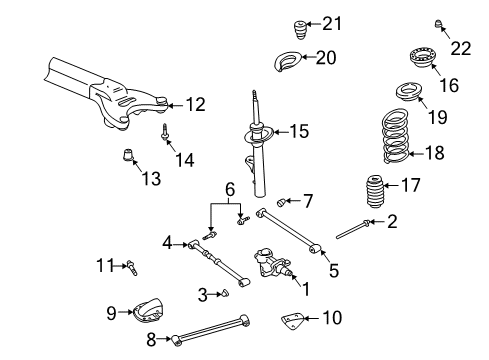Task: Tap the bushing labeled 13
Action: click(128, 156)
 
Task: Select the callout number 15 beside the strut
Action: click(300, 131)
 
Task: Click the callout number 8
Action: click(151, 341)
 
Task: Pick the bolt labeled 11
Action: click(131, 266)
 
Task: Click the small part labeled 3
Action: click(224, 292)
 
